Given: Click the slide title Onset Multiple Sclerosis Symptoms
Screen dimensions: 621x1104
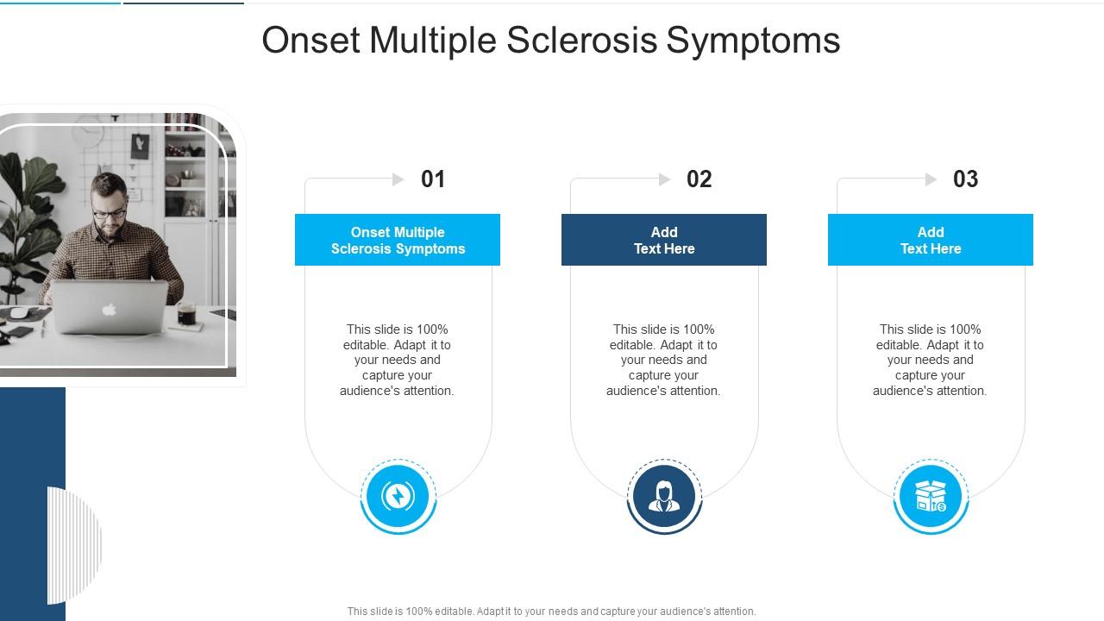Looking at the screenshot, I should (x=551, y=41).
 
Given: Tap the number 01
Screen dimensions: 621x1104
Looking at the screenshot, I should (x=433, y=179).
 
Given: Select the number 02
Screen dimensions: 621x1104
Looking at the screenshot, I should (x=699, y=179).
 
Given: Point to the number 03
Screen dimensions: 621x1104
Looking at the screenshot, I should (x=965, y=179).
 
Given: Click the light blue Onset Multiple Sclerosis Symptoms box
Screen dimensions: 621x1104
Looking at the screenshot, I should (x=398, y=240).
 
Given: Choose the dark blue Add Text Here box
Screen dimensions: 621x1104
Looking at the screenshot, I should (x=664, y=240).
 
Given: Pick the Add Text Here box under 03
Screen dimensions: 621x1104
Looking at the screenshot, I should (x=931, y=240).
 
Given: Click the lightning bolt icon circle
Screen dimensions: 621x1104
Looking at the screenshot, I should (x=398, y=497).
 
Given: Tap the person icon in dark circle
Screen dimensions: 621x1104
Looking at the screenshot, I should (x=664, y=497).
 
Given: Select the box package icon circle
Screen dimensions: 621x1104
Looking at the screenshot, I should (x=931, y=497).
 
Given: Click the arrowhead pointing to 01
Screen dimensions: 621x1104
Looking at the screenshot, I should (x=398, y=179).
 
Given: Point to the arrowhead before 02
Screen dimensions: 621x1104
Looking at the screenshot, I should (x=665, y=179).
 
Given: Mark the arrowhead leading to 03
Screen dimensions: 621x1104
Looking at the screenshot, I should (x=931, y=179).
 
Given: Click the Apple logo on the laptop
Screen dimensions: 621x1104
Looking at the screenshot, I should (x=109, y=306).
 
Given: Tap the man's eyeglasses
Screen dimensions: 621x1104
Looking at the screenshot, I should (x=110, y=212).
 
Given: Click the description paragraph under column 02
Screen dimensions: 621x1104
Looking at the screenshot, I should (x=664, y=360).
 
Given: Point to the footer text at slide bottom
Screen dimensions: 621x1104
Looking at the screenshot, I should (x=551, y=611).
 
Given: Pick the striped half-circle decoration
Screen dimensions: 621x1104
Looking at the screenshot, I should (x=75, y=544).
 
